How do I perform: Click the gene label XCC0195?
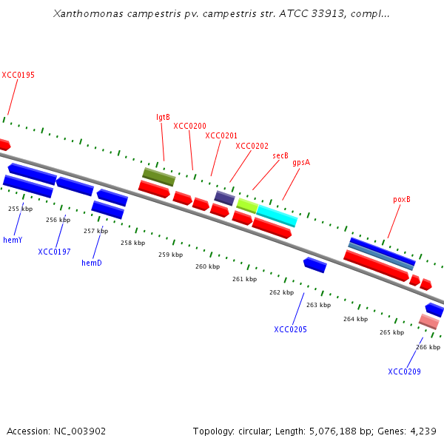click(x=18, y=75)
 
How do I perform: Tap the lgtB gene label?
click(x=163, y=117)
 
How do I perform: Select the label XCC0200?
click(x=190, y=126)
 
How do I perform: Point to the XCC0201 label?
click(x=221, y=135)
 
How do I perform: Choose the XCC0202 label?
click(x=252, y=146)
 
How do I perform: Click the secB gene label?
click(x=280, y=155)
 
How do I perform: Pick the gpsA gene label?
click(x=301, y=162)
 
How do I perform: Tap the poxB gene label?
click(x=402, y=200)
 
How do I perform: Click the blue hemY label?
click(x=13, y=240)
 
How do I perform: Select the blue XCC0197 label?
click(x=55, y=252)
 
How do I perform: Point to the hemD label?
click(x=92, y=263)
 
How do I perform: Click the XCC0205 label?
click(x=290, y=329)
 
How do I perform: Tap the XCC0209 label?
click(x=404, y=371)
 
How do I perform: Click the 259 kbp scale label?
click(x=170, y=255)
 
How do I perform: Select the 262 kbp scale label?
click(x=281, y=292)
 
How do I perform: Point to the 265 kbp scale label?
click(x=392, y=332)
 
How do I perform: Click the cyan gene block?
click(x=277, y=216)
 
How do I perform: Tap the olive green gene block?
click(x=159, y=177)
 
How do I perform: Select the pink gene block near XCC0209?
click(x=428, y=321)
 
